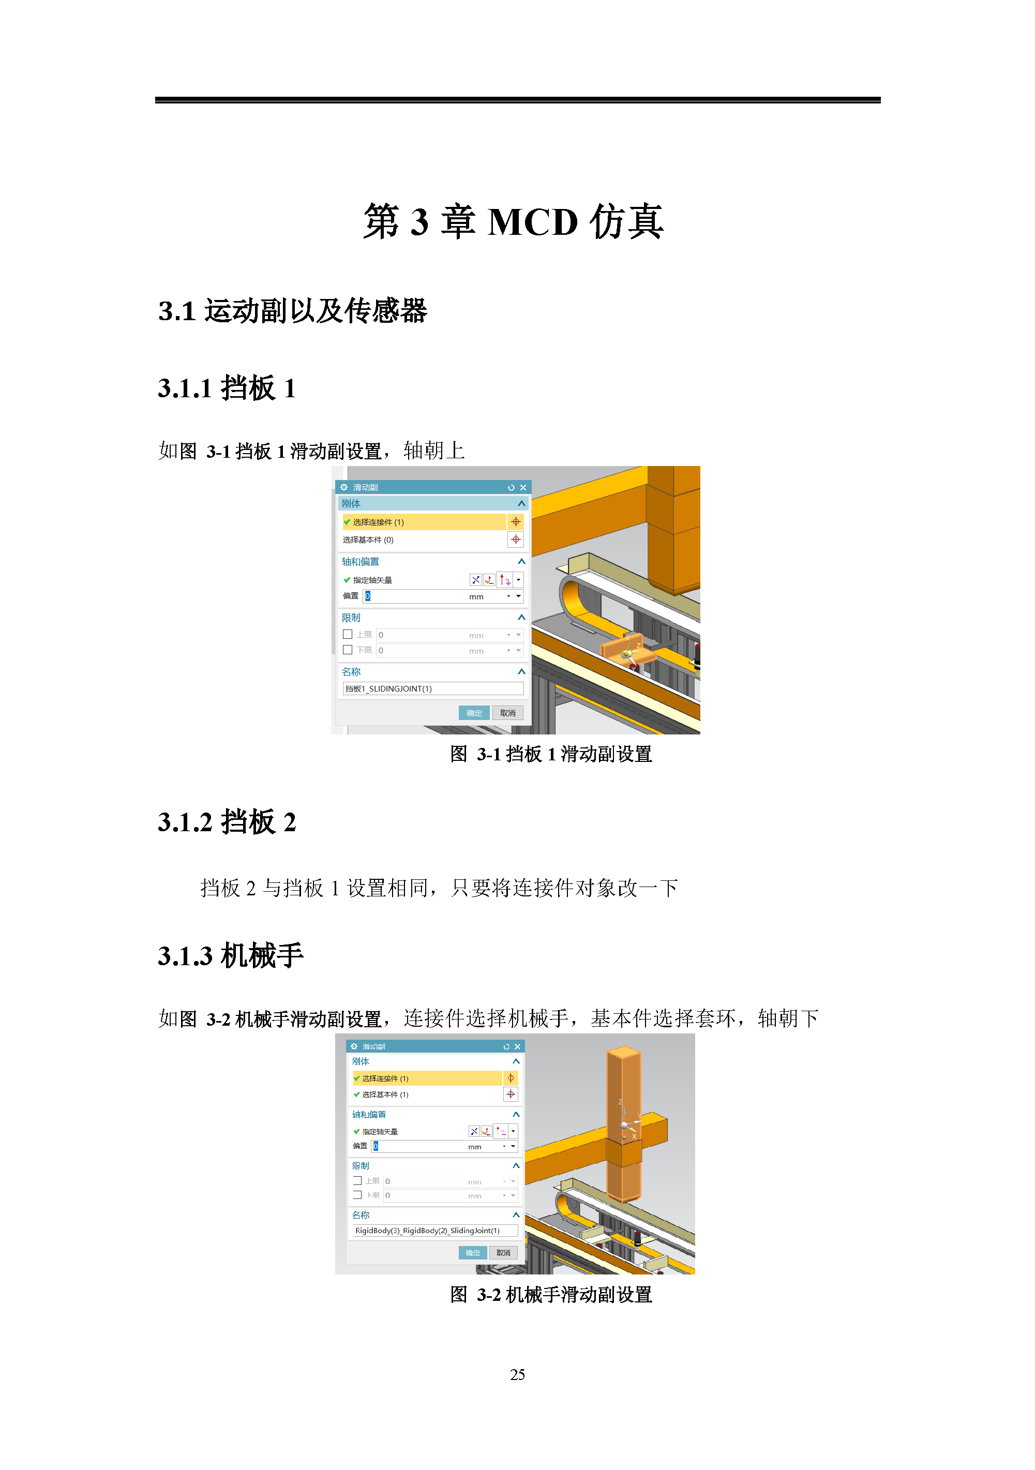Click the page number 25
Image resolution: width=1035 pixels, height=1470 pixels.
pyautogui.click(x=517, y=1375)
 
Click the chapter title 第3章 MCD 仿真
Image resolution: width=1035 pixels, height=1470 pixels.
pyautogui.click(x=513, y=221)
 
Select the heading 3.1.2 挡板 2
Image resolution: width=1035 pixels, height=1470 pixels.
pyautogui.click(x=227, y=822)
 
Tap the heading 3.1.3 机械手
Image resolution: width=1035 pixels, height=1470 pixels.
pyautogui.click(x=230, y=956)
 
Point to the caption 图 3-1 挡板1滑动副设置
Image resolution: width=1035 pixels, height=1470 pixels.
pyautogui.click(x=550, y=754)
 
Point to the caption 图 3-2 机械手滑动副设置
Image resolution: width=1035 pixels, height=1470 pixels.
pyautogui.click(x=550, y=1295)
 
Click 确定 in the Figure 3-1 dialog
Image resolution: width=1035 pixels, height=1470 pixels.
pyautogui.click(x=474, y=713)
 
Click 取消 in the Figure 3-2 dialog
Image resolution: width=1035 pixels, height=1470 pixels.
pyautogui.click(x=503, y=1253)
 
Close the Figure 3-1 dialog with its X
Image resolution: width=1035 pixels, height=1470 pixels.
pyautogui.click(x=523, y=487)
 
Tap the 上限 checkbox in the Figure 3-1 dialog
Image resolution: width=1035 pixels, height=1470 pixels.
pyautogui.click(x=348, y=634)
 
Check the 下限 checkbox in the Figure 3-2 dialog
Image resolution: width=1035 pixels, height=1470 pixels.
pyautogui.click(x=357, y=1195)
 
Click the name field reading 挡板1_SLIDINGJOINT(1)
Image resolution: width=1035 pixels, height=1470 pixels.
pyautogui.click(x=433, y=688)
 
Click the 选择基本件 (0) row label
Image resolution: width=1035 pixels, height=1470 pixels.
pyautogui.click(x=368, y=539)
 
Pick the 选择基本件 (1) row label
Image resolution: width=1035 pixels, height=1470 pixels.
pyautogui.click(x=385, y=1094)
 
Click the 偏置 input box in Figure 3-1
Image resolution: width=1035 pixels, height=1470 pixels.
pyautogui.click(x=416, y=596)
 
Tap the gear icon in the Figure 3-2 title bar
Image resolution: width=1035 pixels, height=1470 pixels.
pyautogui.click(x=354, y=1046)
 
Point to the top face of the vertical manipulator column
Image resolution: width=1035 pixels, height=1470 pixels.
pyautogui.click(x=623, y=1051)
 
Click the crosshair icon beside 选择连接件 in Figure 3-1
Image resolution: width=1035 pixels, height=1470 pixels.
pyautogui.click(x=515, y=522)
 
